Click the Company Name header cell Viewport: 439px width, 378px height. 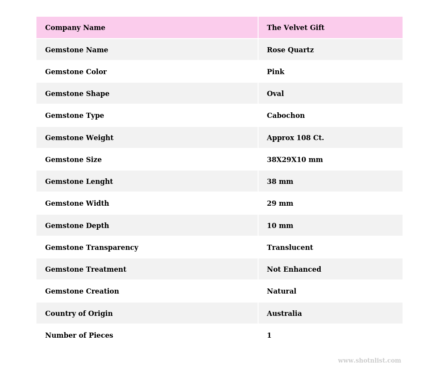[x=75, y=28]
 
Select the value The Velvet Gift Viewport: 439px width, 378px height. [x=295, y=28]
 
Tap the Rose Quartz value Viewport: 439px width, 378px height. [x=290, y=50]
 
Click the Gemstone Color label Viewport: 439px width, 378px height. [x=76, y=72]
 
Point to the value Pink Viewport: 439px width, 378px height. [x=275, y=72]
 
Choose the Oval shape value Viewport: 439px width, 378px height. [x=275, y=94]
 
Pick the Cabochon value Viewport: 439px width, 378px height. [x=286, y=116]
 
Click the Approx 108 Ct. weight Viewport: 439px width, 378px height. [x=295, y=138]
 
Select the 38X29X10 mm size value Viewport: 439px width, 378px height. [x=295, y=160]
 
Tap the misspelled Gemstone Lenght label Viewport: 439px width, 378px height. [x=79, y=182]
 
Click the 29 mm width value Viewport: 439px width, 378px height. [x=280, y=204]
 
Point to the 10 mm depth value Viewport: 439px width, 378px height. [x=280, y=226]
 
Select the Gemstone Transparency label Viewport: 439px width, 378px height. [x=92, y=248]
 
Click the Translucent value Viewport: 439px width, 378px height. [x=290, y=248]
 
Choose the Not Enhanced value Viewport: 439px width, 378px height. [x=294, y=270]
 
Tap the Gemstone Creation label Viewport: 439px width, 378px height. [x=82, y=291]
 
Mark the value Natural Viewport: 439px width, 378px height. [x=281, y=291]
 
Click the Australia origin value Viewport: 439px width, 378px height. [x=284, y=314]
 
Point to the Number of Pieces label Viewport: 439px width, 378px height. [x=79, y=336]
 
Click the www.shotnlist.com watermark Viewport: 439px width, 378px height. [x=369, y=361]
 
